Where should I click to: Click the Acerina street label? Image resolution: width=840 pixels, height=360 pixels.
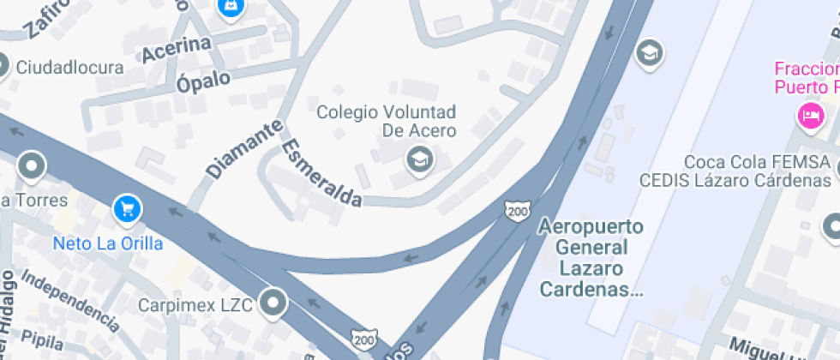point(177,50)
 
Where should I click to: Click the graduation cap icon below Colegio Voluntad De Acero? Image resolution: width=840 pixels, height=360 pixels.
point(419,159)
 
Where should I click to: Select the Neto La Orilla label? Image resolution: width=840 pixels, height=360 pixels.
point(108,243)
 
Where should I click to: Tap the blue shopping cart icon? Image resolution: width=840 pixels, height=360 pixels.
point(127,207)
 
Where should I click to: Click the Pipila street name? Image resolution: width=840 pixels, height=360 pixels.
point(42,339)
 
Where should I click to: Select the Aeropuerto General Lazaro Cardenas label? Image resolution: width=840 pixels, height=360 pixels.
point(591,258)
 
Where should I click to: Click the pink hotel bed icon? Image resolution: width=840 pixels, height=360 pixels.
point(809,114)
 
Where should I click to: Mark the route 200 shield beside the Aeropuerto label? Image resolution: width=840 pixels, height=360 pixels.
point(516,208)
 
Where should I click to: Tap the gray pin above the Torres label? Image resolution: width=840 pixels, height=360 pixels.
point(33,165)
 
